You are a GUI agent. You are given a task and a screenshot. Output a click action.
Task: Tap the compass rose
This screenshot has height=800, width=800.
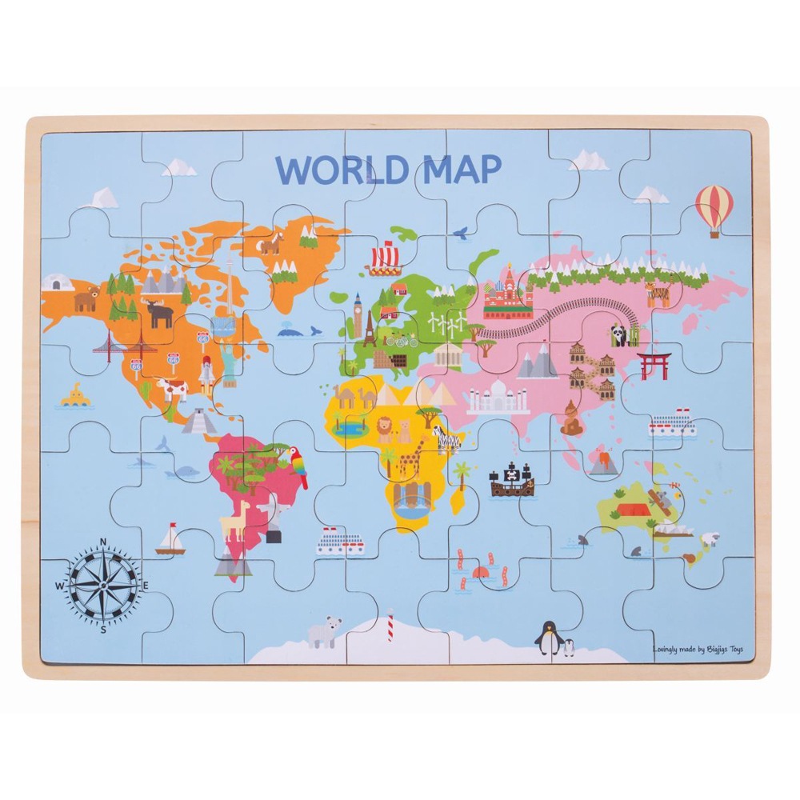[102, 586]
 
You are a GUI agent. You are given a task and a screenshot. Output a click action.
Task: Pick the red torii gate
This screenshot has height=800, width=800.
[653, 365]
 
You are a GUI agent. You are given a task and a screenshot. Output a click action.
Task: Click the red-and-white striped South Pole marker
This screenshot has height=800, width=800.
[390, 625]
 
